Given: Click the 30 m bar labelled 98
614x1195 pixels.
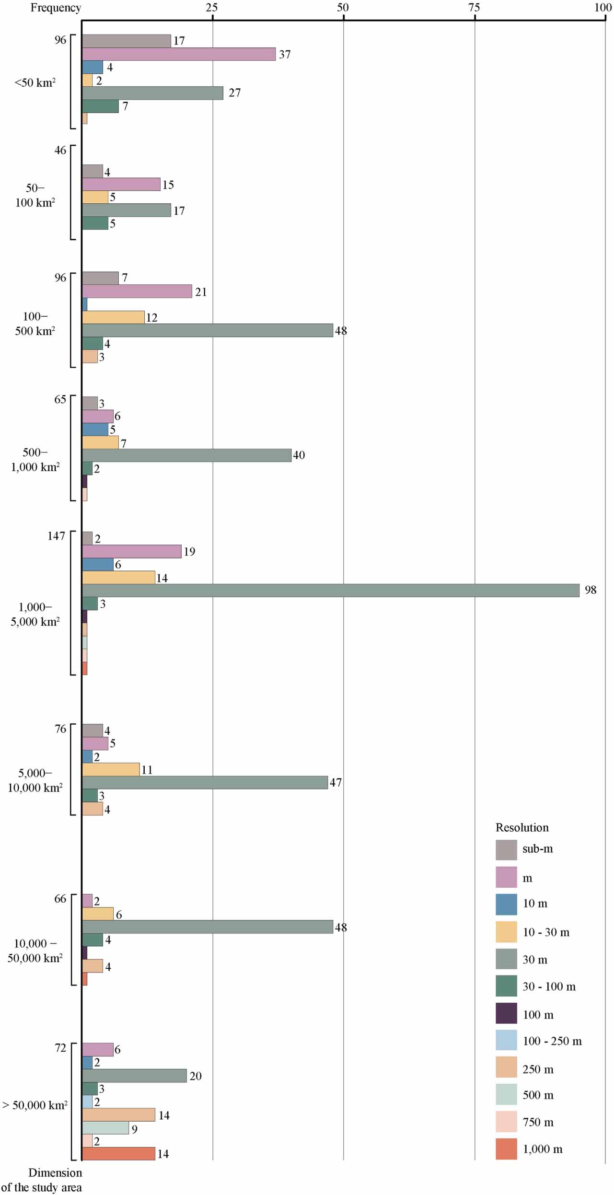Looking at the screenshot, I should pyautogui.click(x=331, y=590).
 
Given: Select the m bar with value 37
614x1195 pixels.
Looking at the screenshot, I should pyautogui.click(x=179, y=54).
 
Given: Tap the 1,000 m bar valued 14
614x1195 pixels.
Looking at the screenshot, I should pyautogui.click(x=118, y=1153).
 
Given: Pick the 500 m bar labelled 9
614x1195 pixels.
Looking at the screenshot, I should pyautogui.click(x=105, y=1127).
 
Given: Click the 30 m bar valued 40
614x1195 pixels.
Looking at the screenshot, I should pyautogui.click(x=186, y=455).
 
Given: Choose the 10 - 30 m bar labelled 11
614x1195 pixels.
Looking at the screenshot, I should pyautogui.click(x=111, y=769).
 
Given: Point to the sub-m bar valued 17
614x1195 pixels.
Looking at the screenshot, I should pyautogui.click(x=127, y=41).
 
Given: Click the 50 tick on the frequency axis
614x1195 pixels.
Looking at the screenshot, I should pyautogui.click(x=343, y=8).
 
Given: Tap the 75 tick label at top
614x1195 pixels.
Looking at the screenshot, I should pyautogui.click(x=474, y=8).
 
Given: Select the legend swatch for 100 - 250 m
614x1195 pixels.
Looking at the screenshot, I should pyautogui.click(x=506, y=1040).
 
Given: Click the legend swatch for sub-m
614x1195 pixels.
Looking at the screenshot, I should pyautogui.click(x=506, y=849).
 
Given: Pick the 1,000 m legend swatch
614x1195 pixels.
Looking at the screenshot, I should pyautogui.click(x=506, y=1149).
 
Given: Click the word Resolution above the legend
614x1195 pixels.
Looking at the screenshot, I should pyautogui.click(x=521, y=827).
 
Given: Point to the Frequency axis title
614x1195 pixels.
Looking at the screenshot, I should pyautogui.click(x=56, y=8).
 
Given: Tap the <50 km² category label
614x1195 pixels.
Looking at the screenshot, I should pyautogui.click(x=35, y=82).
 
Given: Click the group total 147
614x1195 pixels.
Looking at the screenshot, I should pyautogui.click(x=56, y=536).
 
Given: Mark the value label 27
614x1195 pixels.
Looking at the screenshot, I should pyautogui.click(x=234, y=93).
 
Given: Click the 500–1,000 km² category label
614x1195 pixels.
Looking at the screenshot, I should pyautogui.click(x=35, y=460).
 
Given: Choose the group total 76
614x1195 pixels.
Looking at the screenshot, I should pyautogui.click(x=60, y=729).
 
